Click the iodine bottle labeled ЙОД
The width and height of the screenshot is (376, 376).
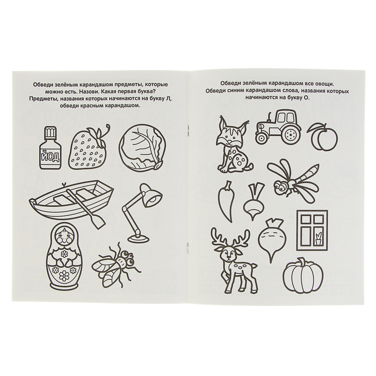click(x=50, y=148)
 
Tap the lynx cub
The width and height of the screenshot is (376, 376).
click(x=234, y=144)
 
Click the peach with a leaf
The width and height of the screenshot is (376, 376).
click(x=322, y=136)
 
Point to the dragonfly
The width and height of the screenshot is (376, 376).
click(x=292, y=181)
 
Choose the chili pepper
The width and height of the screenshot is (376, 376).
click(x=226, y=200)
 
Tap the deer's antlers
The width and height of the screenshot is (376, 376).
click(x=230, y=237)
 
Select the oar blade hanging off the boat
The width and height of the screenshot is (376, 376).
click(x=98, y=221)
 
